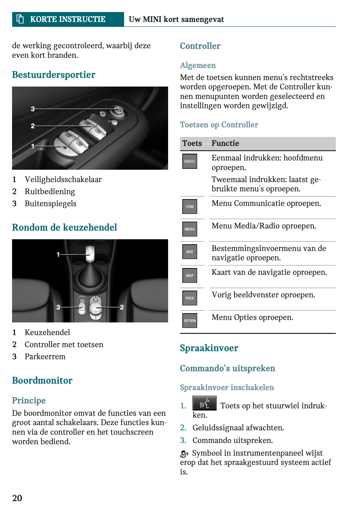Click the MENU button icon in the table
pos(189,161)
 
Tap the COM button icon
pos(189,207)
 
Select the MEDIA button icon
pos(189,229)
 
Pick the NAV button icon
pos(189,252)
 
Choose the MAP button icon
pos(189,275)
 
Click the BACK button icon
pos(189,298)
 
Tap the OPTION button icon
pos(189,321)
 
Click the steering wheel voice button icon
pos(204,403)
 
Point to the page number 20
pos(17,498)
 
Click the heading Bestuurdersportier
pos(53,75)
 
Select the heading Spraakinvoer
pos(209,348)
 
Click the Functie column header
pos(225,143)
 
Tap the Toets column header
pos(192,143)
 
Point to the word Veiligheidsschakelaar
pos(63,180)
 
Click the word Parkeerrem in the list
pos(45,357)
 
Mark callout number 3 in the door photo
pos(33,109)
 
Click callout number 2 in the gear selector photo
pos(122,307)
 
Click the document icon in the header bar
pos(20,19)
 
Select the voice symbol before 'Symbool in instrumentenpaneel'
pos(184,454)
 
